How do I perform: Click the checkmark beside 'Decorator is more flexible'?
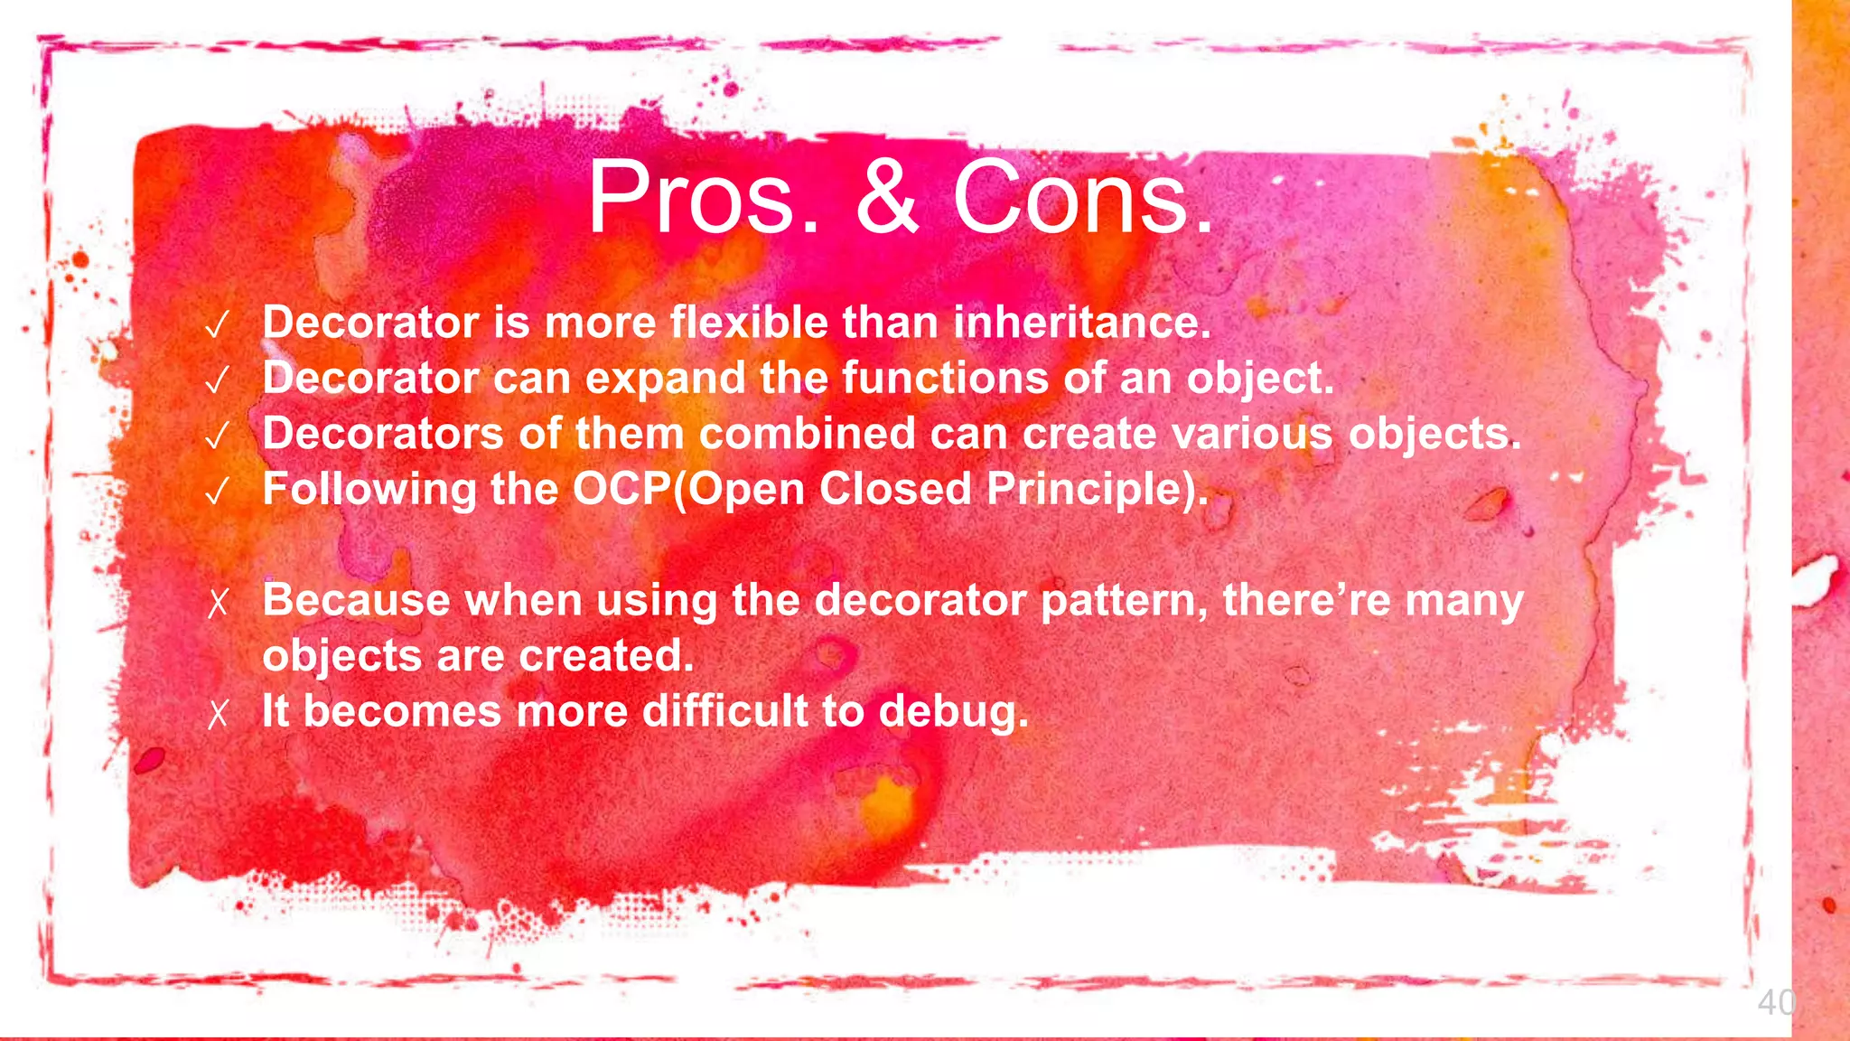[x=217, y=325]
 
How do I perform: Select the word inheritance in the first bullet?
[x=1081, y=323]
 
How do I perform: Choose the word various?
[x=1252, y=434]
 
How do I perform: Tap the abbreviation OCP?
[x=621, y=490]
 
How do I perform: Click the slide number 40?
[x=1776, y=1003]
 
